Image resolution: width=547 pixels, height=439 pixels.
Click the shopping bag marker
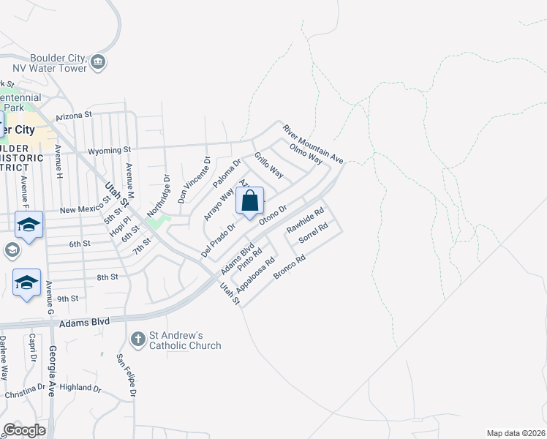[x=249, y=201]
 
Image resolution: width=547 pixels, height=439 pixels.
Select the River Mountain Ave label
[x=313, y=143]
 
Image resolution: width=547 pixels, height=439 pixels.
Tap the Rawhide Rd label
[x=305, y=221]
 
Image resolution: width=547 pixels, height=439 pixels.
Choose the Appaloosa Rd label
[x=256, y=274]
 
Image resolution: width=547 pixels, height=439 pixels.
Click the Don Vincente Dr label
[x=194, y=180]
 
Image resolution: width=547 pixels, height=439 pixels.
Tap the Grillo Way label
[x=268, y=165]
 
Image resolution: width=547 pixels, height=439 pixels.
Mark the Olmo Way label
[x=306, y=154]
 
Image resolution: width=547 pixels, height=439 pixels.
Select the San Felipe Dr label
[x=126, y=375]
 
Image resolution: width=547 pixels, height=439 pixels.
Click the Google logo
[x=24, y=430]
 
